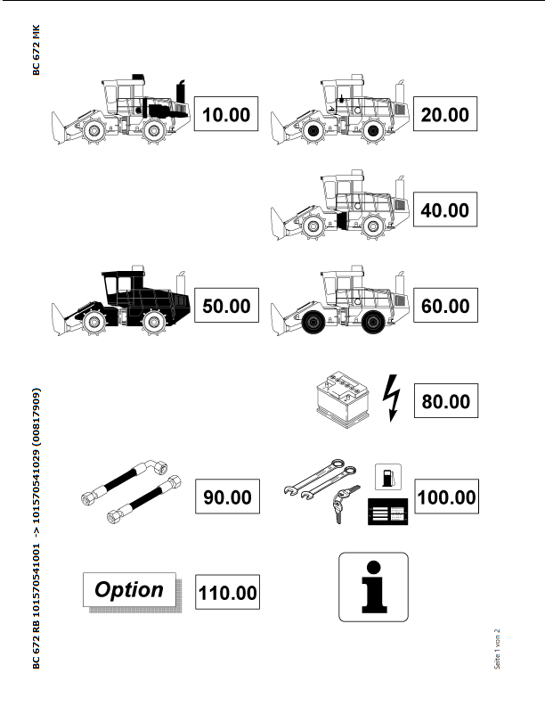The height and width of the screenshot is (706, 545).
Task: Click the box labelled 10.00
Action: tap(226, 114)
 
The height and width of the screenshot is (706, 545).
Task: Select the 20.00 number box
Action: tap(445, 114)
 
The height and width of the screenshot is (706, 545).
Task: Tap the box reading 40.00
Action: tap(445, 209)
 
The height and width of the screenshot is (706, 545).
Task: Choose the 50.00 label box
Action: tap(226, 305)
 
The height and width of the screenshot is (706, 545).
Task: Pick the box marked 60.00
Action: tap(445, 305)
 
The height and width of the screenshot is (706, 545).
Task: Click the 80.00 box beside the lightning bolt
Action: tap(446, 401)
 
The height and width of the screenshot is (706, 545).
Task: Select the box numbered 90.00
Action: tap(228, 497)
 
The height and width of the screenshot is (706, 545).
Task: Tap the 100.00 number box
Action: tap(446, 497)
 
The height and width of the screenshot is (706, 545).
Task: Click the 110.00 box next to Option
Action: tap(228, 592)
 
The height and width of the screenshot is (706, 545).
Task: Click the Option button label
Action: tap(130, 590)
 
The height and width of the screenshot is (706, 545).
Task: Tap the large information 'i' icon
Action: tap(374, 587)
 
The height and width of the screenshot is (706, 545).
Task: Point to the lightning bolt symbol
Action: tap(392, 398)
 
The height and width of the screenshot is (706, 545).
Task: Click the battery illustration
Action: tap(343, 399)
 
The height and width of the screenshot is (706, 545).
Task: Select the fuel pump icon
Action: tap(388, 477)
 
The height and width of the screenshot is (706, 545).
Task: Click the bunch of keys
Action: tap(345, 504)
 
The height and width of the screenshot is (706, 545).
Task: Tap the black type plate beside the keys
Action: tap(388, 512)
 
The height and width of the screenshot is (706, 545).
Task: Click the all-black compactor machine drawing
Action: tap(121, 300)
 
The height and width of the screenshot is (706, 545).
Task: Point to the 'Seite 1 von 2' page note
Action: tap(497, 649)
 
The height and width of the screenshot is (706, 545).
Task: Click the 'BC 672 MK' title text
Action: tap(37, 50)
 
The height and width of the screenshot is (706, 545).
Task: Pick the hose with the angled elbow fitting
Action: tap(126, 480)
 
